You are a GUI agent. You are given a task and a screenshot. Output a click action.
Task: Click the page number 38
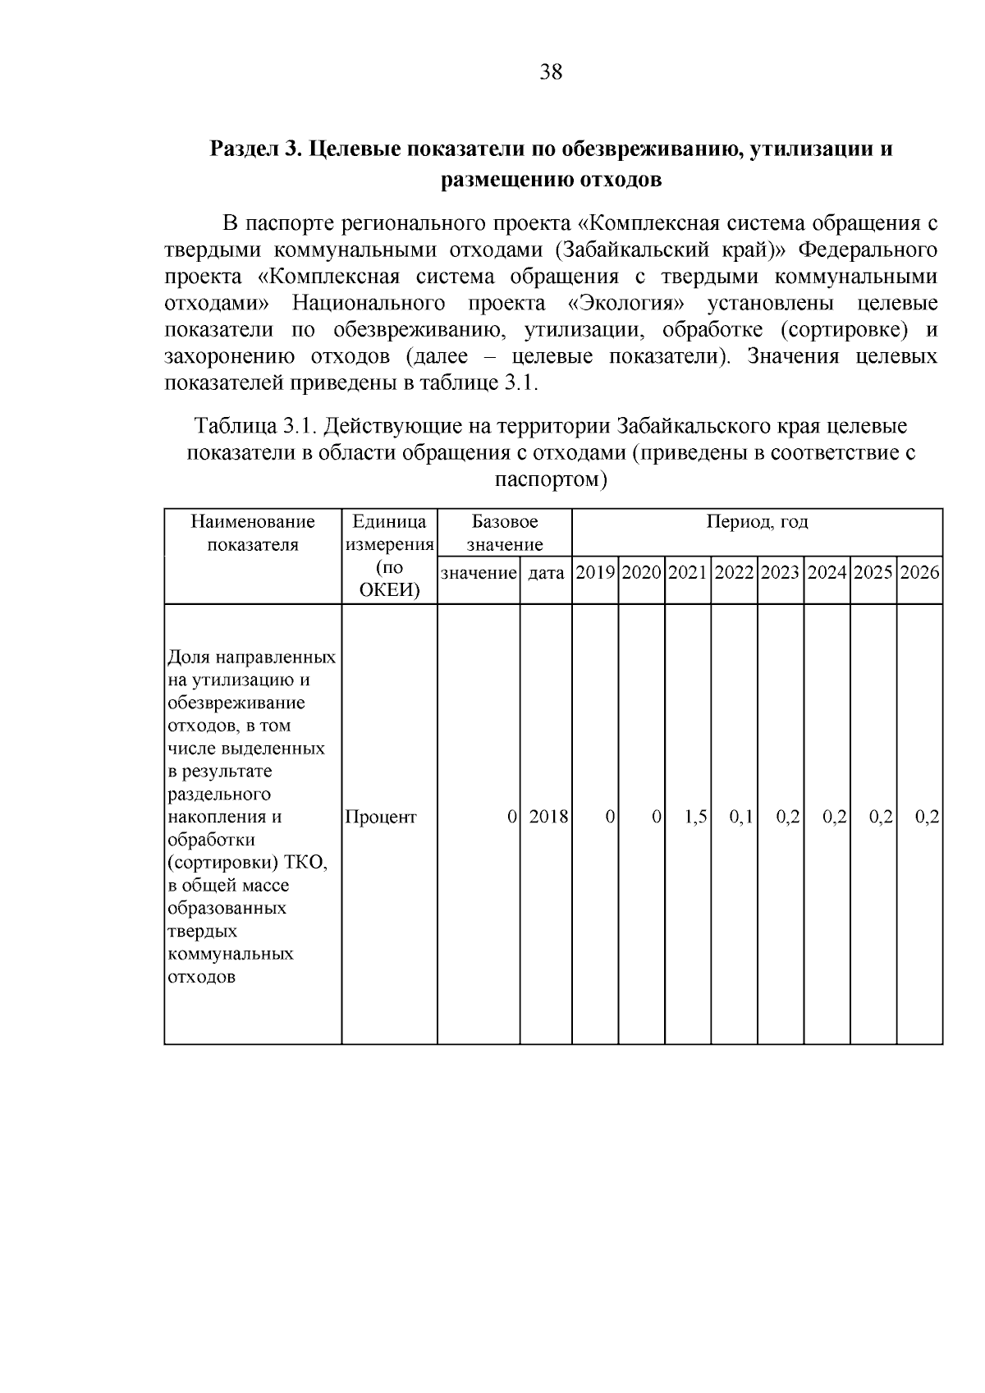[x=551, y=72]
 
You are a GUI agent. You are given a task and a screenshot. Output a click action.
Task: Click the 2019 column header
[x=595, y=573]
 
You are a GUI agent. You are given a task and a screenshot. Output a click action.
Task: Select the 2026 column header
[x=919, y=573]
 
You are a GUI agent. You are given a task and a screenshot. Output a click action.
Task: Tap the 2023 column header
[x=780, y=573]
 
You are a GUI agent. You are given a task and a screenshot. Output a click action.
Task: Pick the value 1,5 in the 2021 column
[x=696, y=818]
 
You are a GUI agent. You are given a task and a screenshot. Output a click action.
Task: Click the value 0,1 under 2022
[x=742, y=818]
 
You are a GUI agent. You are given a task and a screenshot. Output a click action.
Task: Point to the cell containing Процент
[x=381, y=818]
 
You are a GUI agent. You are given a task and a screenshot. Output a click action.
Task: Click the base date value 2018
[x=549, y=818]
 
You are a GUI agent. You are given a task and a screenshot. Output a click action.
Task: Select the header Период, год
[x=757, y=523]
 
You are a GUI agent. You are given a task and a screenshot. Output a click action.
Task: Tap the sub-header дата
[x=546, y=573]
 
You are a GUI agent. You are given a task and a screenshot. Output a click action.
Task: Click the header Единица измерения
[x=389, y=533]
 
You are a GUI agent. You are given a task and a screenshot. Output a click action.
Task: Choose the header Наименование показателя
[x=253, y=533]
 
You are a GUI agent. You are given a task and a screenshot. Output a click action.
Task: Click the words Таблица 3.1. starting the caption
[x=254, y=427]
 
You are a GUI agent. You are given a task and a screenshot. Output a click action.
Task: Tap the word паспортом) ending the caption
[x=551, y=479]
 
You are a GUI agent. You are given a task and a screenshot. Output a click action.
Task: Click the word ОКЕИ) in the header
[x=389, y=590]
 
